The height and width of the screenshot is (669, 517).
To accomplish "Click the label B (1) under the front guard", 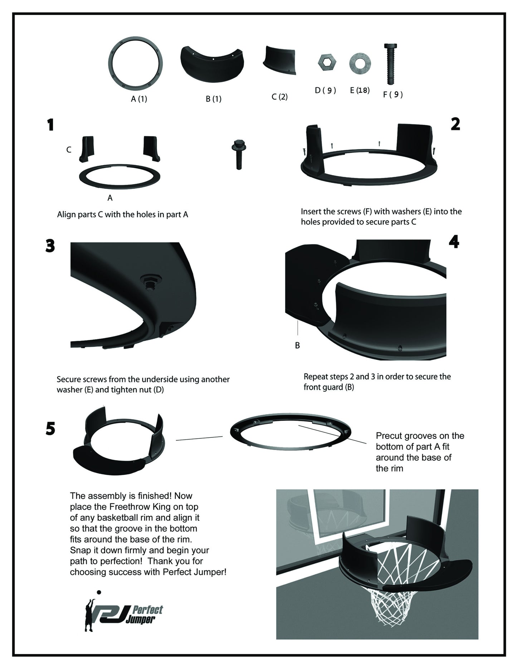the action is (214, 99).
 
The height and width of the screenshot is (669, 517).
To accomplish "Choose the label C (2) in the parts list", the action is (279, 97).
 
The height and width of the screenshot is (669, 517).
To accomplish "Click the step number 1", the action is (50, 125).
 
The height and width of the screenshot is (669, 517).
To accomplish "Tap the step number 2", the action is (455, 124).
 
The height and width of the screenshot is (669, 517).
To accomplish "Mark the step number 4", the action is (454, 242).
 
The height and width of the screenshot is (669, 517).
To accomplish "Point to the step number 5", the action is (50, 428).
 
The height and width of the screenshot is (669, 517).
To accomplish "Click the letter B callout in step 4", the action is (297, 345).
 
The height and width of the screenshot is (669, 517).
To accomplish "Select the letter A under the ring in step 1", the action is (110, 198).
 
